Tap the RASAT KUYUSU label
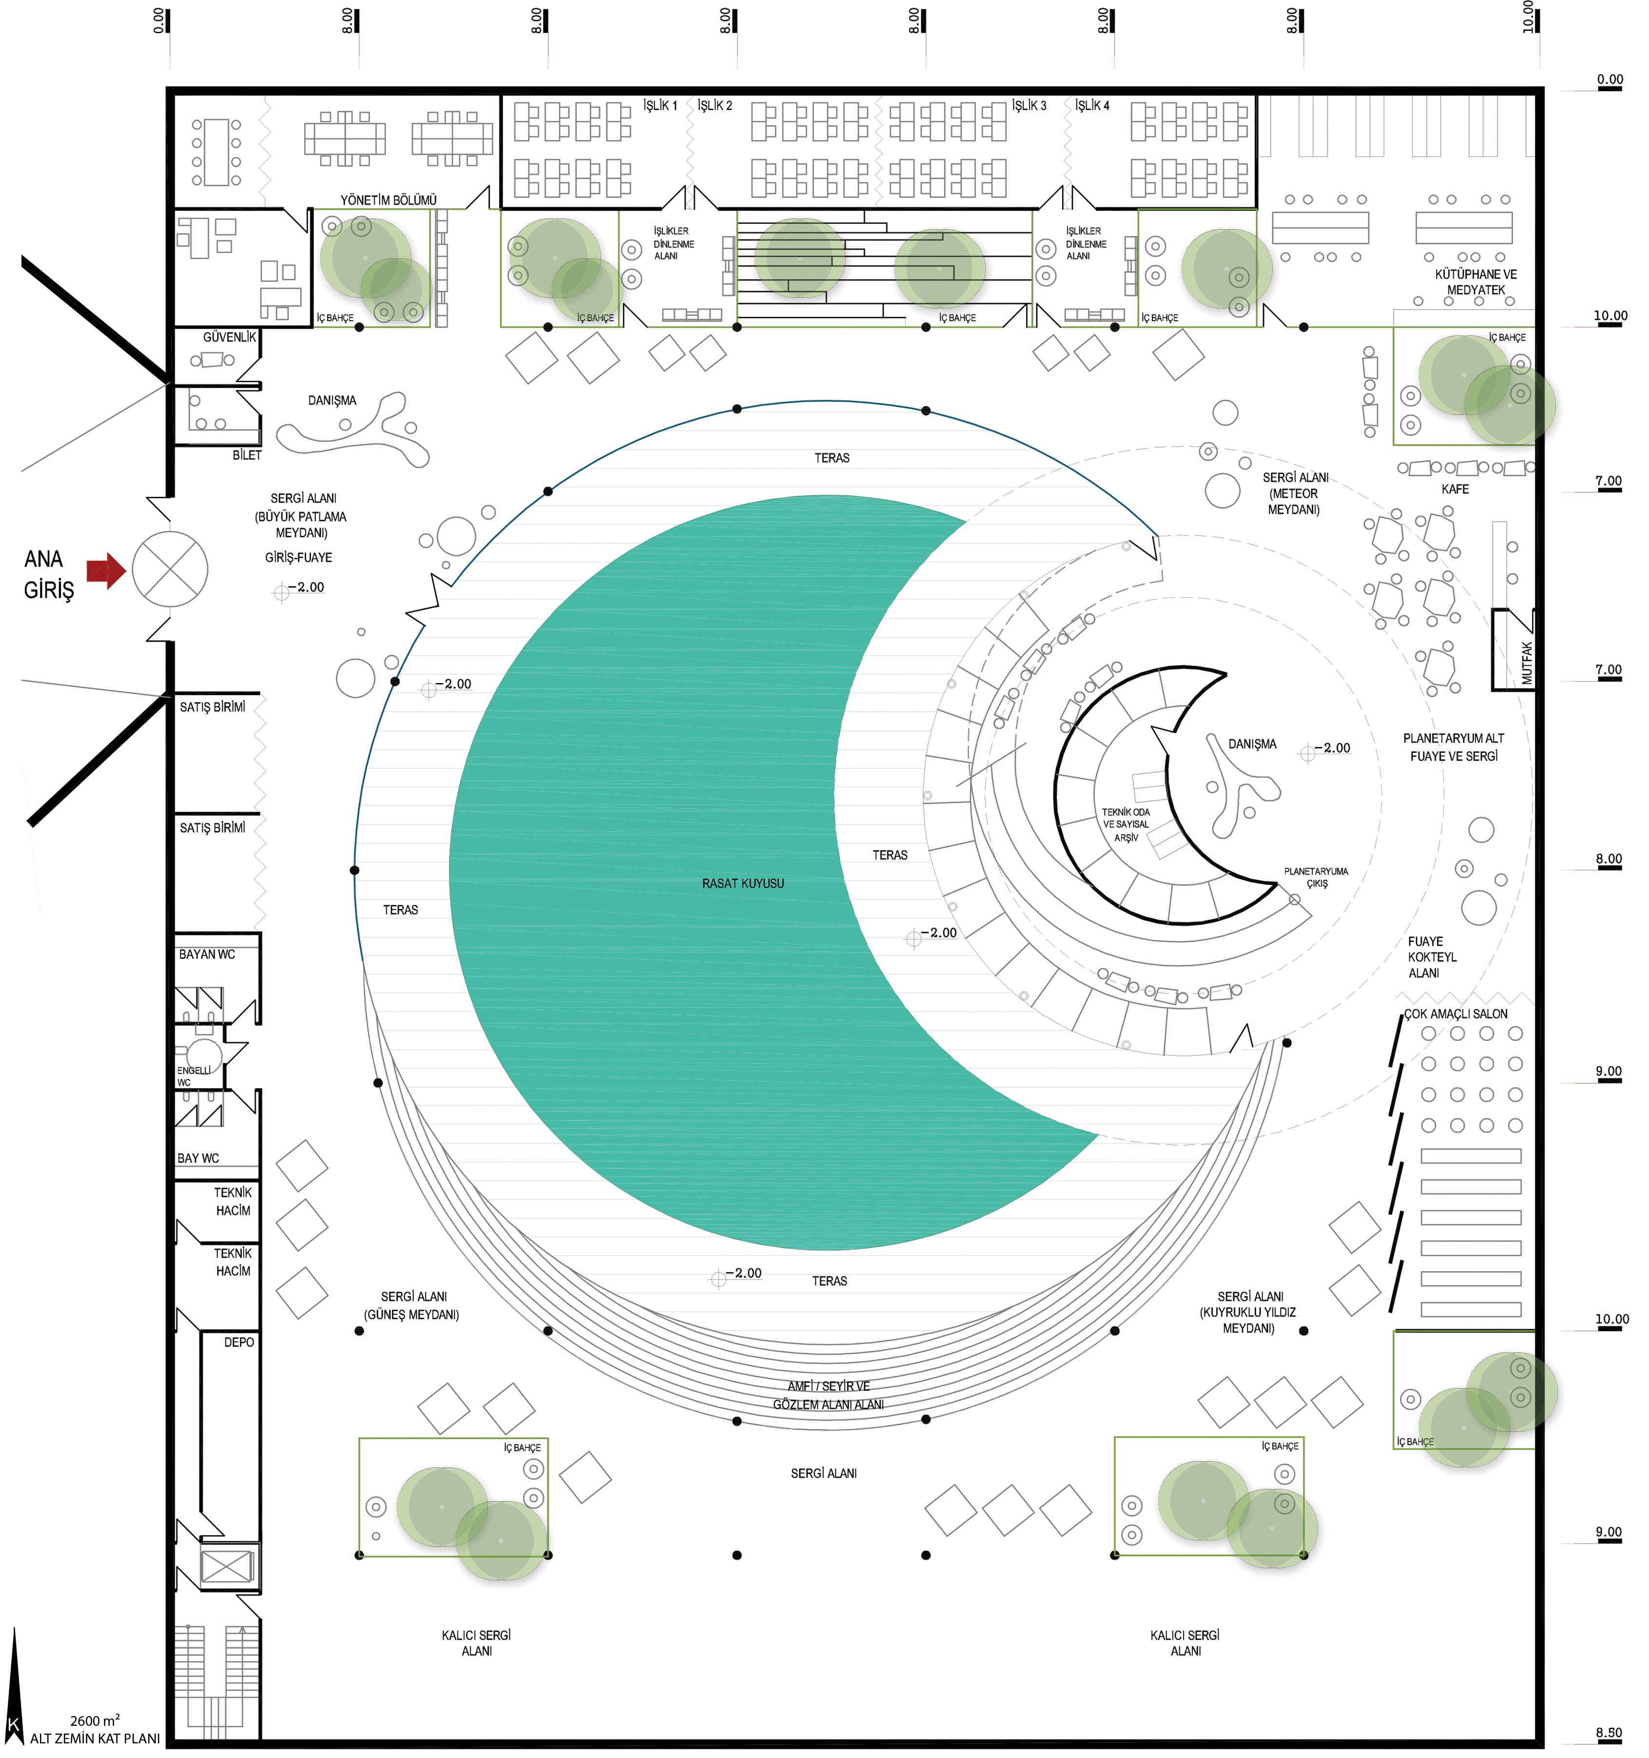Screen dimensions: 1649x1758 point(743,883)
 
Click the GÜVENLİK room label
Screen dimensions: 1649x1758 point(229,337)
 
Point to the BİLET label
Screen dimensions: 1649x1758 point(247,454)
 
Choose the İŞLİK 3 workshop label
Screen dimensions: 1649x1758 point(1029,105)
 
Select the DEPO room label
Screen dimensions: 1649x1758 point(239,1342)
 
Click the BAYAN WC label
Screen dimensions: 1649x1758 point(207,954)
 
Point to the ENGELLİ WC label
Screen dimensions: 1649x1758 point(194,1075)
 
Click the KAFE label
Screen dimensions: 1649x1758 point(1455,489)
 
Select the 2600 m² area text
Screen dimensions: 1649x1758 point(95,1720)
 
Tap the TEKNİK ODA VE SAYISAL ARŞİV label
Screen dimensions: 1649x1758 point(1125,824)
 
